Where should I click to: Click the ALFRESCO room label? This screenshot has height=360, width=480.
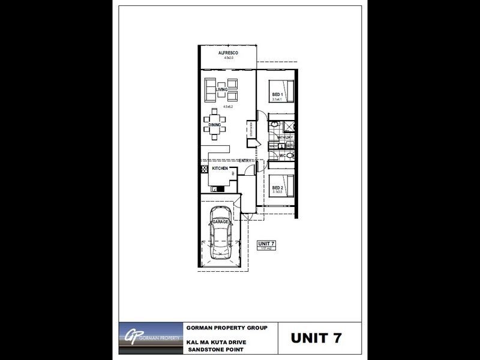228,53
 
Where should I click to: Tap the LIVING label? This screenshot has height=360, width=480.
222,90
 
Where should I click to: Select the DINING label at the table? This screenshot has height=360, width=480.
215,125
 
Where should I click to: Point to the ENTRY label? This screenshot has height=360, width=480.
245,160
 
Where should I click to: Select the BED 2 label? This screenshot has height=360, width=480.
277,188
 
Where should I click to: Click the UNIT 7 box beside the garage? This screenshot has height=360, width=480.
266,245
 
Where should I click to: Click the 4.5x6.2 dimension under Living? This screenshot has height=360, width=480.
227,106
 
